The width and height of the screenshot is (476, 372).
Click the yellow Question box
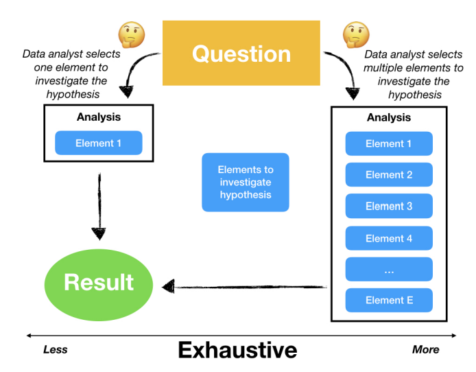click(x=241, y=53)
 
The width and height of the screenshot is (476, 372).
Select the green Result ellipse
click(x=99, y=282)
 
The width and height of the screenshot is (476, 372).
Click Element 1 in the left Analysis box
click(x=98, y=143)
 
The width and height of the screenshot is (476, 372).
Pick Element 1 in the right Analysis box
click(x=389, y=143)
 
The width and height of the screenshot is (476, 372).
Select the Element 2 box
click(x=389, y=174)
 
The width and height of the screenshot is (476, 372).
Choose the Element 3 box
click(x=389, y=206)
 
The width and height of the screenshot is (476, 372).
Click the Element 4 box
click(x=389, y=238)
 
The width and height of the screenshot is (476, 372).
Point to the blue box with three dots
click(x=389, y=270)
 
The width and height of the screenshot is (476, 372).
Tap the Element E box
click(x=389, y=300)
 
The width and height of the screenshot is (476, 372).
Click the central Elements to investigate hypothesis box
click(x=245, y=182)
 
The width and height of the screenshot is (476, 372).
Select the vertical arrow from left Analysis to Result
click(x=99, y=206)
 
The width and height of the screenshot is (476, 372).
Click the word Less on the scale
click(x=55, y=349)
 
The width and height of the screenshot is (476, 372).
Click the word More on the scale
click(x=425, y=349)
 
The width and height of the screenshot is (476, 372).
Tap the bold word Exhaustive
click(x=237, y=350)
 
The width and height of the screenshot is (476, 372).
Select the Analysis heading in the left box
click(x=98, y=117)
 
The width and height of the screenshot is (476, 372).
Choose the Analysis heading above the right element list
click(x=389, y=117)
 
